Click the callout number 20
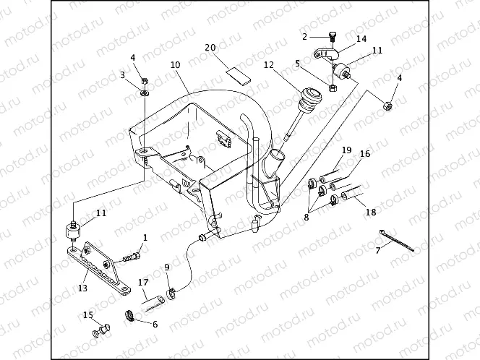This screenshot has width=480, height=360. [x=210, y=48]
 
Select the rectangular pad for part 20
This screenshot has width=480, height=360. [x=236, y=72]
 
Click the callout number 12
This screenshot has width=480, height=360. [x=268, y=65]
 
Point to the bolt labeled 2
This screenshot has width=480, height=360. [x=331, y=37]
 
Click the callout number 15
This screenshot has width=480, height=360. [x=88, y=314]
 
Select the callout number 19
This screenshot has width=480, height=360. [x=346, y=150]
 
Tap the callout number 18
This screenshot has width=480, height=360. [x=371, y=213]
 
